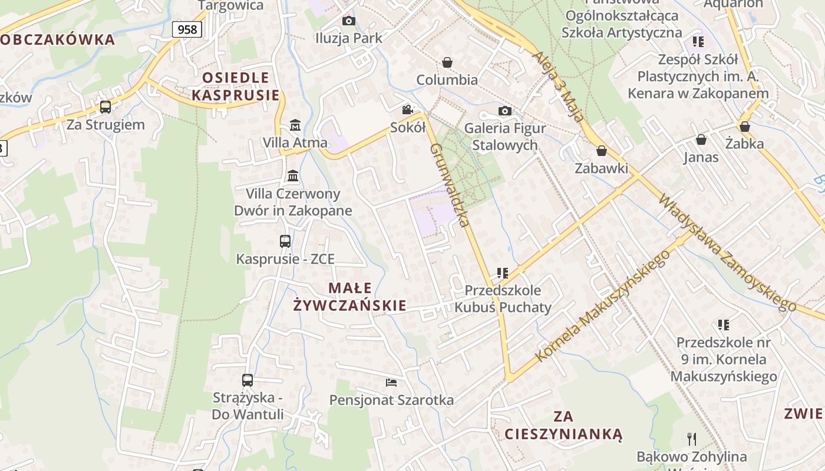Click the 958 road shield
point(187,29)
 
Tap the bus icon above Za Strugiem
point(105,107)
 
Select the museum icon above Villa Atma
point(295,125)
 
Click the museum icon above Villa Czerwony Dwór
point(292,175)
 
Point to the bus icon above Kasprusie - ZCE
point(285,241)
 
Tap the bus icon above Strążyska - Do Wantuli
point(247,380)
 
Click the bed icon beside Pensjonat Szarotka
point(391,383)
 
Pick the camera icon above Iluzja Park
point(349,21)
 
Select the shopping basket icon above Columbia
point(447,62)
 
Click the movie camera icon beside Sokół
point(407,110)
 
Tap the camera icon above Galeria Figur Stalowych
point(504,111)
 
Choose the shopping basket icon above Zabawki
point(602,151)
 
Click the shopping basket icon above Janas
point(701,140)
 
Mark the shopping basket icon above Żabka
point(745,126)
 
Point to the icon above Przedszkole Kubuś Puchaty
point(502,273)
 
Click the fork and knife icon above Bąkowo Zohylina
point(692,439)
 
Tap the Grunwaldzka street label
point(450,185)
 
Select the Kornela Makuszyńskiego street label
point(602,306)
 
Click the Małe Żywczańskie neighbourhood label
point(350,297)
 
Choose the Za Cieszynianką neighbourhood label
point(563,426)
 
